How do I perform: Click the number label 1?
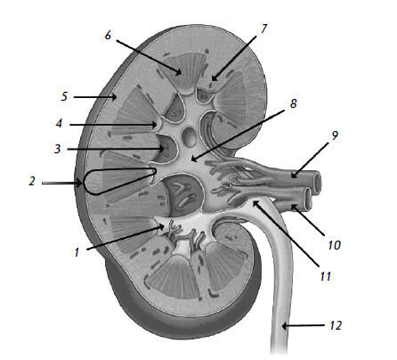tap(77, 252)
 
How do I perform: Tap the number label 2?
tap(32, 181)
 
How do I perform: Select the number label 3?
tap(57, 149)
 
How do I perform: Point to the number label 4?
tap(60, 123)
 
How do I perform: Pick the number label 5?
tap(64, 96)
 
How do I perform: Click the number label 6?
tap(108, 35)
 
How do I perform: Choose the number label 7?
tap(263, 29)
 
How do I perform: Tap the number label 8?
tap(293, 103)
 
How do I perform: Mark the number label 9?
tap(335, 135)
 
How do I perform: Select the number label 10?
tap(335, 245)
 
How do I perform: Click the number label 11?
tap(326, 276)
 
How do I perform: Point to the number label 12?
tap(336, 325)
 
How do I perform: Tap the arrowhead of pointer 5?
tap(113, 97)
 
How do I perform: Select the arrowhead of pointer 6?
tap(178, 72)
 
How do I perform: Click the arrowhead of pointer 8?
tap(194, 159)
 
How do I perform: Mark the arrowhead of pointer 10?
tap(295, 208)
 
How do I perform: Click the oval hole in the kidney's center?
tap(189, 137)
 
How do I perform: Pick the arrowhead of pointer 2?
tap(78, 184)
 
